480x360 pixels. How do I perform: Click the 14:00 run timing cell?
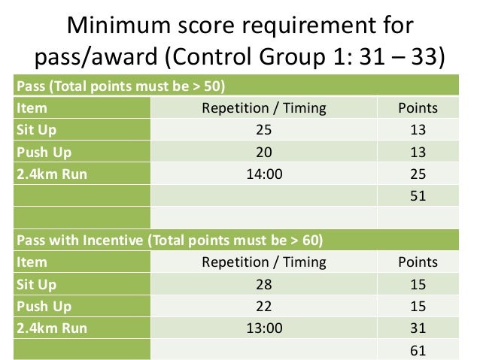coord(263,174)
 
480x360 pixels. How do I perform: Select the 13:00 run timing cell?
coord(263,328)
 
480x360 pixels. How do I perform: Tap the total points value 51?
coord(418,196)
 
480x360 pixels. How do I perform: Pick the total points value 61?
coord(418,350)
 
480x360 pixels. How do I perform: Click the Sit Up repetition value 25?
coord(263,130)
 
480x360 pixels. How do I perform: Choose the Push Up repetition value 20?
coord(263,152)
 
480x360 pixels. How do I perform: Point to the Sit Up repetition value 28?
coord(263,285)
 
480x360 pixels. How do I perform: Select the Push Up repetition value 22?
coord(263,307)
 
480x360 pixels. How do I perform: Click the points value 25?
coord(418,174)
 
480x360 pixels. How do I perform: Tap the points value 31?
coord(418,328)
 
